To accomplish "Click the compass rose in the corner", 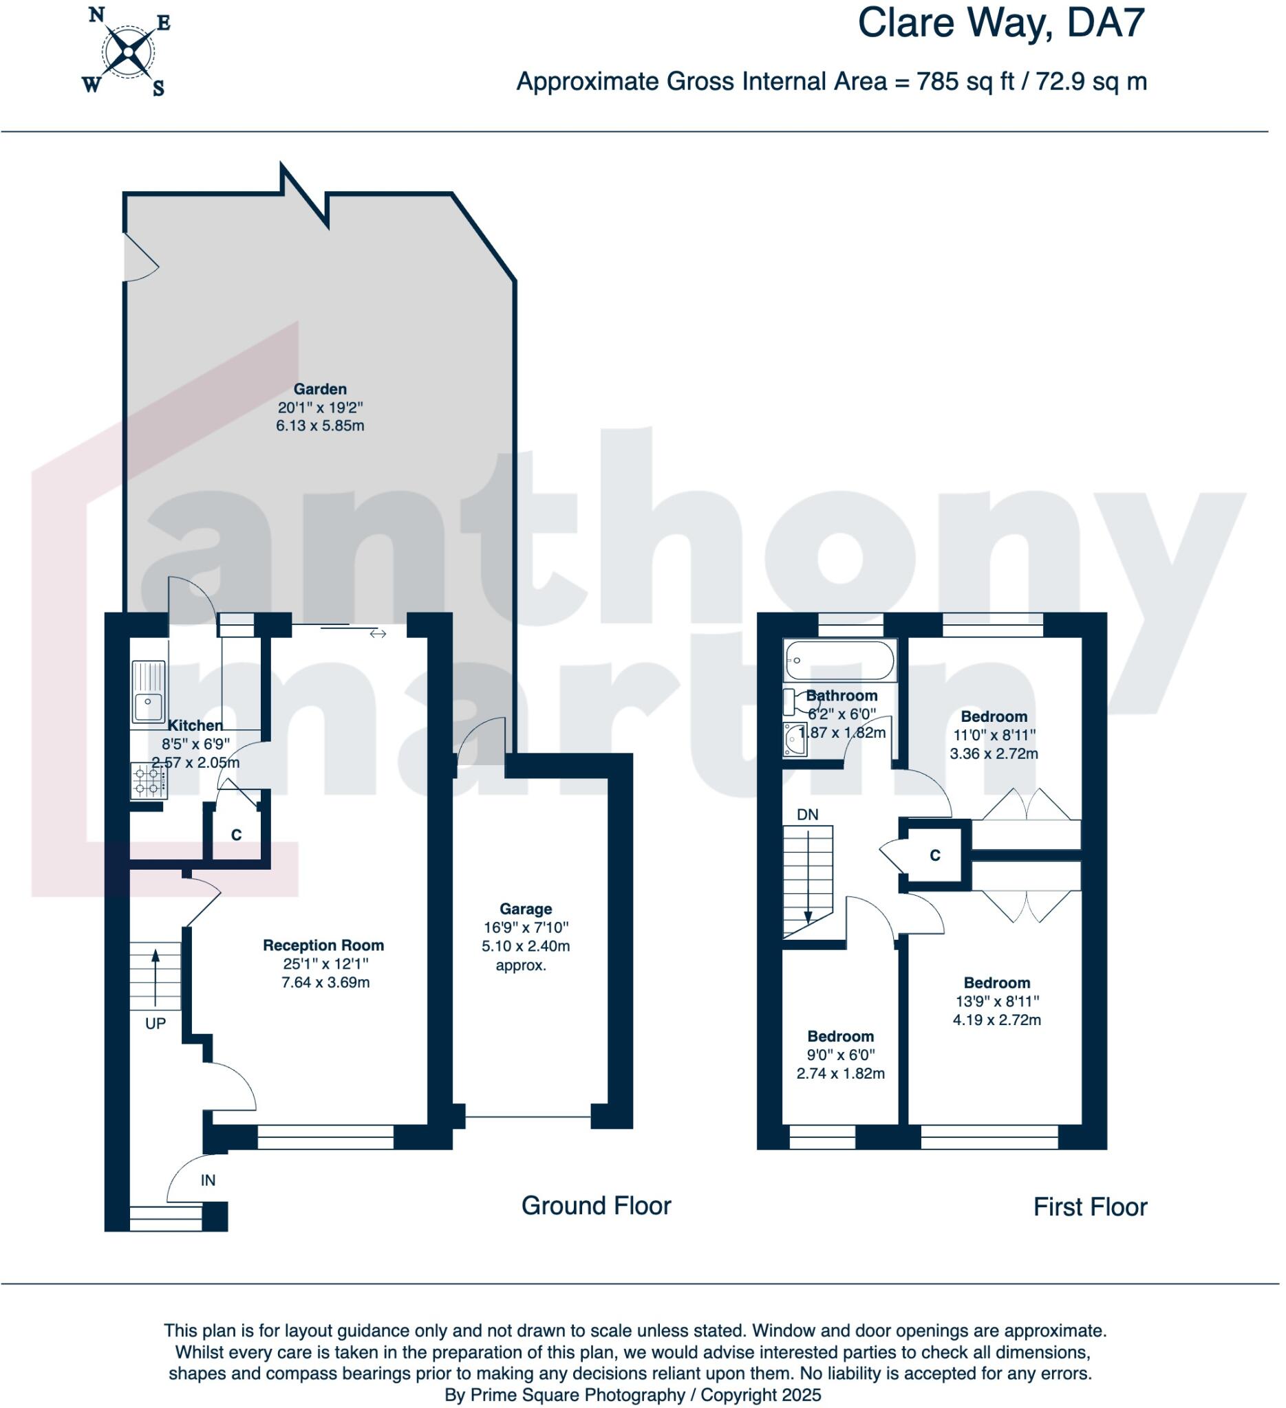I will coord(128,52).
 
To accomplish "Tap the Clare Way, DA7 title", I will coord(1000,23).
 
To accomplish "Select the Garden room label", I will coord(319,389).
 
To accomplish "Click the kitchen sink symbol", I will coord(148,692).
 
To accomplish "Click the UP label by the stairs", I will coord(155,1024).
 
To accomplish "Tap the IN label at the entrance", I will coord(208,1180).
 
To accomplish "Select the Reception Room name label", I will coord(323,945).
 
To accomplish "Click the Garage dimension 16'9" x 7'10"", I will coord(526,927).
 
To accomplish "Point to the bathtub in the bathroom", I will coord(839,660).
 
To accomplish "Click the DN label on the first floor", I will coord(807,815).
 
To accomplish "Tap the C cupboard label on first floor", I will coord(935,855).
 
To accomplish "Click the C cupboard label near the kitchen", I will coord(236,835).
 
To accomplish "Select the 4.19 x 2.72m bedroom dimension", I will coord(996,1020).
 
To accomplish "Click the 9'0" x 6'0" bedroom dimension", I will coord(840,1055).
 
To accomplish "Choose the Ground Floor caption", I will coord(595,1206).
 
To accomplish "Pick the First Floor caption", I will coord(1090,1207).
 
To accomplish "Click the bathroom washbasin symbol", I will coord(795,740).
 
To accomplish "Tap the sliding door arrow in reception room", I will coord(378,633).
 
